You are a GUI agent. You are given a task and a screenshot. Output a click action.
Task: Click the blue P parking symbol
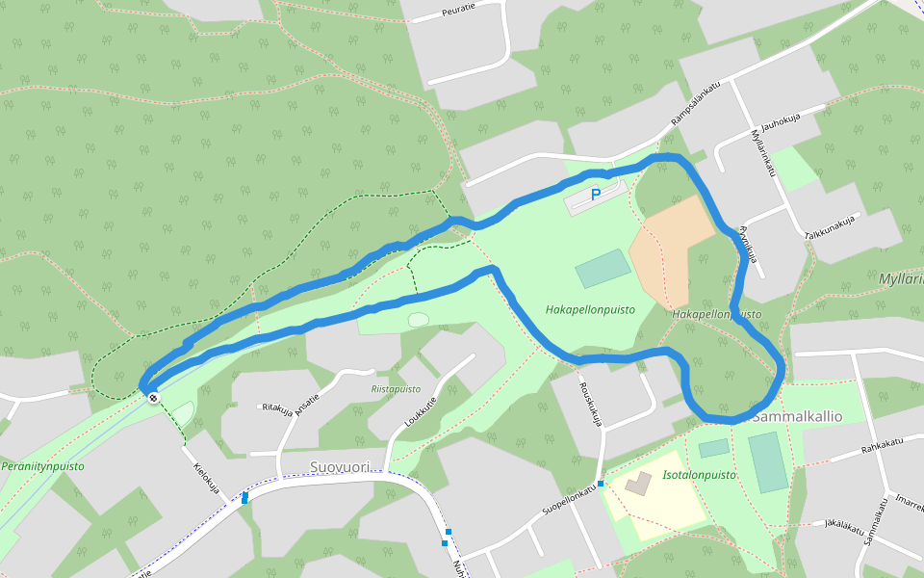point(596,195)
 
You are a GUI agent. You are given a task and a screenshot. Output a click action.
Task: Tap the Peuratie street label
point(457,13)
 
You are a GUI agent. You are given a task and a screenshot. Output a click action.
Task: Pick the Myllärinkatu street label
point(762,153)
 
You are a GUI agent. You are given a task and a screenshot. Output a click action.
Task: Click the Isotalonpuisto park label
point(700,475)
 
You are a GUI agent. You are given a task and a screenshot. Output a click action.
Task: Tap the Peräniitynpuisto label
point(42,466)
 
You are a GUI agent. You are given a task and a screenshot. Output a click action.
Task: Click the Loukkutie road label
point(421,419)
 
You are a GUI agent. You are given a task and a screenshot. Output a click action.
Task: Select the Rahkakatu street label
point(883,444)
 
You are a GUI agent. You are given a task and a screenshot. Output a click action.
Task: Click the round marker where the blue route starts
point(153,396)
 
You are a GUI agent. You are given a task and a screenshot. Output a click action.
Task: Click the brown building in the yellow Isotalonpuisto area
point(637,484)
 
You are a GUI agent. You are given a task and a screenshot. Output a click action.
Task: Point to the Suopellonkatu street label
point(569,503)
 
